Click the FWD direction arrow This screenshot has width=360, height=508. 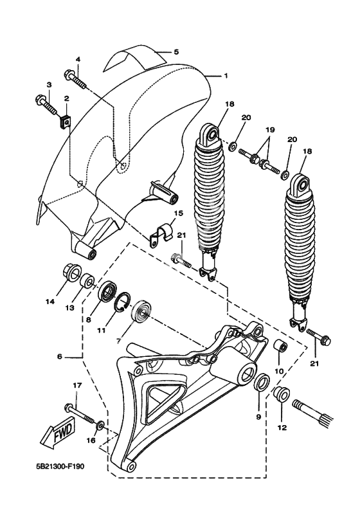(x=58, y=434)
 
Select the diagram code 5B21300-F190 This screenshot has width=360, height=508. (x=60, y=467)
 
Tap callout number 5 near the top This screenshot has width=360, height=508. (x=176, y=52)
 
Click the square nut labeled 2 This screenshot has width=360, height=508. (x=66, y=122)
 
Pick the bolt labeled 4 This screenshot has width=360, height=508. (x=75, y=78)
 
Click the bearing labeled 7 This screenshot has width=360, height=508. (x=141, y=311)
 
